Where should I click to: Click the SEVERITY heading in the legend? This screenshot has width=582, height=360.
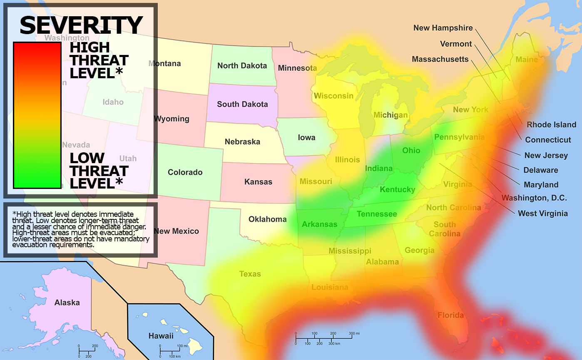tap(82, 25)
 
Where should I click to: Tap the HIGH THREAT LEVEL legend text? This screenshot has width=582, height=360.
tap(99, 60)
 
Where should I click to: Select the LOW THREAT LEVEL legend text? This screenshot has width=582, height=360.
tap(99, 171)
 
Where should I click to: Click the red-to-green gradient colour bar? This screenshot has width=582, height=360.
tap(37, 115)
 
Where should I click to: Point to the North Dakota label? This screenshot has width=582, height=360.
tap(242, 66)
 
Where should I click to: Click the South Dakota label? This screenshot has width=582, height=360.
tap(242, 104)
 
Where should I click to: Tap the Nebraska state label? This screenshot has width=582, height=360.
tap(242, 142)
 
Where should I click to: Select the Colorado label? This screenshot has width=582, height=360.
tap(185, 172)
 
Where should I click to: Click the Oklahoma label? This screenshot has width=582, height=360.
tap(267, 219)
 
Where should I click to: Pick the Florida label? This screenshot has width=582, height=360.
tap(450, 315)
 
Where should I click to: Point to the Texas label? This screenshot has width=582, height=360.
tap(250, 274)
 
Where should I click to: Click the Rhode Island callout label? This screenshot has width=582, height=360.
tap(551, 124)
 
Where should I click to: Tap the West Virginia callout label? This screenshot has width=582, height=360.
tap(542, 214)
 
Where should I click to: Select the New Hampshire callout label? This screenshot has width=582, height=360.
tap(443, 28)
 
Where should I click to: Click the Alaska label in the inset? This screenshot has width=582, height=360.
tap(67, 303)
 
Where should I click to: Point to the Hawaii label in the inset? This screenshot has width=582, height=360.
tap(161, 335)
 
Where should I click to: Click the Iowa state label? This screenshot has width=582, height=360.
tap(306, 138)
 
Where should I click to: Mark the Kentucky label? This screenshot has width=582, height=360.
tap(397, 190)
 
